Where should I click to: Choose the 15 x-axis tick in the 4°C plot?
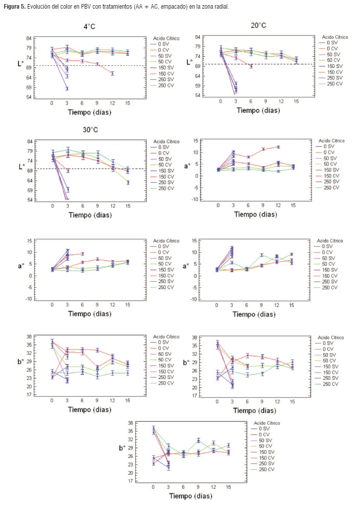coord(127,103)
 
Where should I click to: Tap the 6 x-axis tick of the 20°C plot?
coord(251,101)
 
